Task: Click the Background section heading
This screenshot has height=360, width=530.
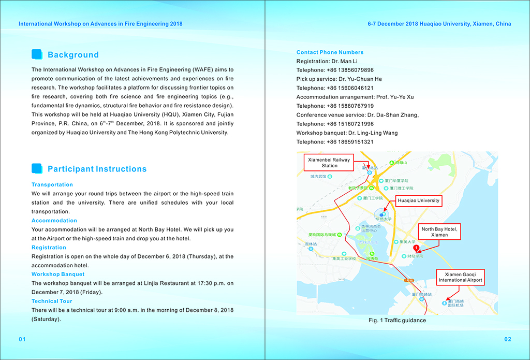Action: pyautogui.click(x=73, y=55)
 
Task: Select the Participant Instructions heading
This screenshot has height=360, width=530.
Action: pyautogui.click(x=97, y=169)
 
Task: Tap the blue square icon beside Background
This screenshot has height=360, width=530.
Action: pyautogui.click(x=37, y=54)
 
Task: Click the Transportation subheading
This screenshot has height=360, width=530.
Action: pyautogui.click(x=52, y=184)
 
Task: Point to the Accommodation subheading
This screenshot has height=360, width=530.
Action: pyautogui.click(x=54, y=221)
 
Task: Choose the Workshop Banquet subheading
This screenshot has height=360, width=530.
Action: pyautogui.click(x=58, y=275)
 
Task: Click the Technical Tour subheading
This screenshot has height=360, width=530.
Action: pyautogui.click(x=52, y=301)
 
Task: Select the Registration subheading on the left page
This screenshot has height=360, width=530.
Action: pyautogui.click(x=49, y=248)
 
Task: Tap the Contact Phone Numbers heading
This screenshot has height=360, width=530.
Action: pyautogui.click(x=330, y=52)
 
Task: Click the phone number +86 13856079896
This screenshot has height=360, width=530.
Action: pyautogui.click(x=350, y=70)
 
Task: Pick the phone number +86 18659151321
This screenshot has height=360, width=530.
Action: pyautogui.click(x=350, y=142)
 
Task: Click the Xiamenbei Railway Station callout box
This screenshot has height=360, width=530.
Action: pyautogui.click(x=329, y=163)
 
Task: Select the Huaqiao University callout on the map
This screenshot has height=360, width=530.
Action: pyautogui.click(x=418, y=200)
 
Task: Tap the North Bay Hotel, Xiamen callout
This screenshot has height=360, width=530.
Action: pyautogui.click(x=439, y=232)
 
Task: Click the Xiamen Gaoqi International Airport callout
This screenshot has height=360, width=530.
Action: pyautogui.click(x=460, y=277)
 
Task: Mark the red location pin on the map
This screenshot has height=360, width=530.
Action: pyautogui.click(x=416, y=248)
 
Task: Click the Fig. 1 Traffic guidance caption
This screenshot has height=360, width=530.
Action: pyautogui.click(x=397, y=321)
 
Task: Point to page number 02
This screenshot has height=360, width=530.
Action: pyautogui.click(x=507, y=339)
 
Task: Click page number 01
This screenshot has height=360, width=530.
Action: pyautogui.click(x=22, y=339)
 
